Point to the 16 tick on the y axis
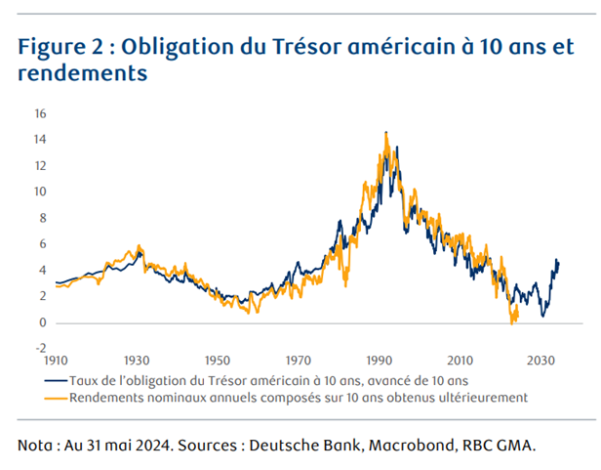[40, 113]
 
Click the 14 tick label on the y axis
[40, 140]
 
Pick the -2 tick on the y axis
[40, 348]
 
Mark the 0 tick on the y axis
[43, 322]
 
